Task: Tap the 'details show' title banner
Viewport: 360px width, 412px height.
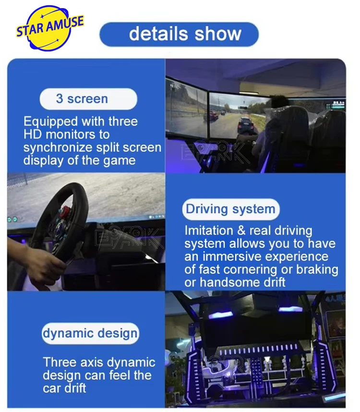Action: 179,35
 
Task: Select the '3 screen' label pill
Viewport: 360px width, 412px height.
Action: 88,99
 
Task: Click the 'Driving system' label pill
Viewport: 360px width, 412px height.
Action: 230,210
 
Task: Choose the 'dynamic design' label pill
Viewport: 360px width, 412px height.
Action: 90,333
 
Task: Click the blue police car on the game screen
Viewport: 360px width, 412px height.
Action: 246,125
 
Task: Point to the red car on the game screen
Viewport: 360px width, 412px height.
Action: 215,115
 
